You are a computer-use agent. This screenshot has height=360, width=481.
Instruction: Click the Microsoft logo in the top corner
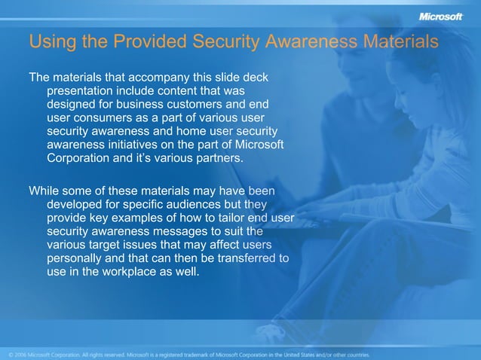coord(440,17)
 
